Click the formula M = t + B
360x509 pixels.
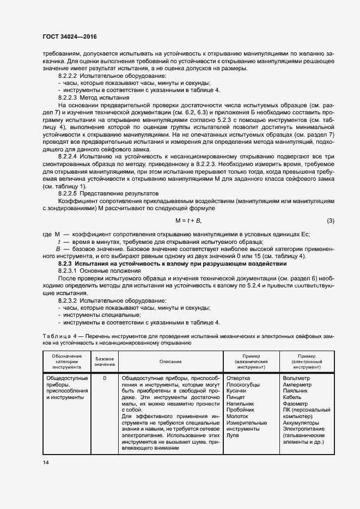pyautogui.click(x=188, y=220)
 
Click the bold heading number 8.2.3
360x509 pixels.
pyautogui.click(x=66, y=263)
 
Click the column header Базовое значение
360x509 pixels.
pyautogui.click(x=104, y=361)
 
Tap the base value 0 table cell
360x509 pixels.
pyautogui.click(x=104, y=378)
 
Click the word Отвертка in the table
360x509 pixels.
pyautogui.click(x=238, y=378)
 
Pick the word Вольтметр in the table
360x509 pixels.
pyautogui.click(x=297, y=378)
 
